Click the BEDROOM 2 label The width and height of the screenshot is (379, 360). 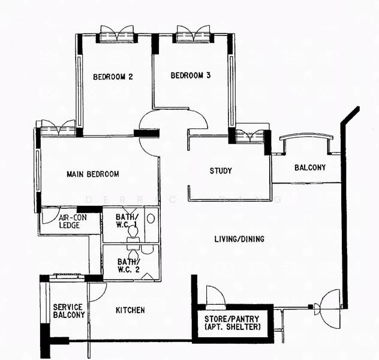[x=113, y=77]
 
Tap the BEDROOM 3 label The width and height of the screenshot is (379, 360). [x=191, y=76]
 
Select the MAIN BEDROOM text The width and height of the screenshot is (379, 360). [x=93, y=174]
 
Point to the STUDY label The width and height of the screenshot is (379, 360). [x=221, y=171]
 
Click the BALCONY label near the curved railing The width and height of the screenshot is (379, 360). [x=310, y=167]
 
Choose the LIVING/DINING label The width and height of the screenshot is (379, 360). [x=239, y=239]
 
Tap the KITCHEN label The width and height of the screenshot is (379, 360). [x=130, y=310]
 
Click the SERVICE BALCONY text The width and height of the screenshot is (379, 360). [x=69, y=311]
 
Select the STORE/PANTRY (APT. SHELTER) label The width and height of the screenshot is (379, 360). [x=232, y=323]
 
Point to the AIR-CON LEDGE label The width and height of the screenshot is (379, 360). [x=73, y=221]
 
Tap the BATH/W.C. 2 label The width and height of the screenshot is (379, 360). [x=128, y=265]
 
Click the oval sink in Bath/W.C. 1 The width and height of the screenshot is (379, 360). [x=151, y=218]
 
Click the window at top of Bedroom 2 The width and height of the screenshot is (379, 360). [x=117, y=34]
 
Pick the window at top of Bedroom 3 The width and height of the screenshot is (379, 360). [x=193, y=34]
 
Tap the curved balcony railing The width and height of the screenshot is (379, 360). [x=306, y=136]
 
